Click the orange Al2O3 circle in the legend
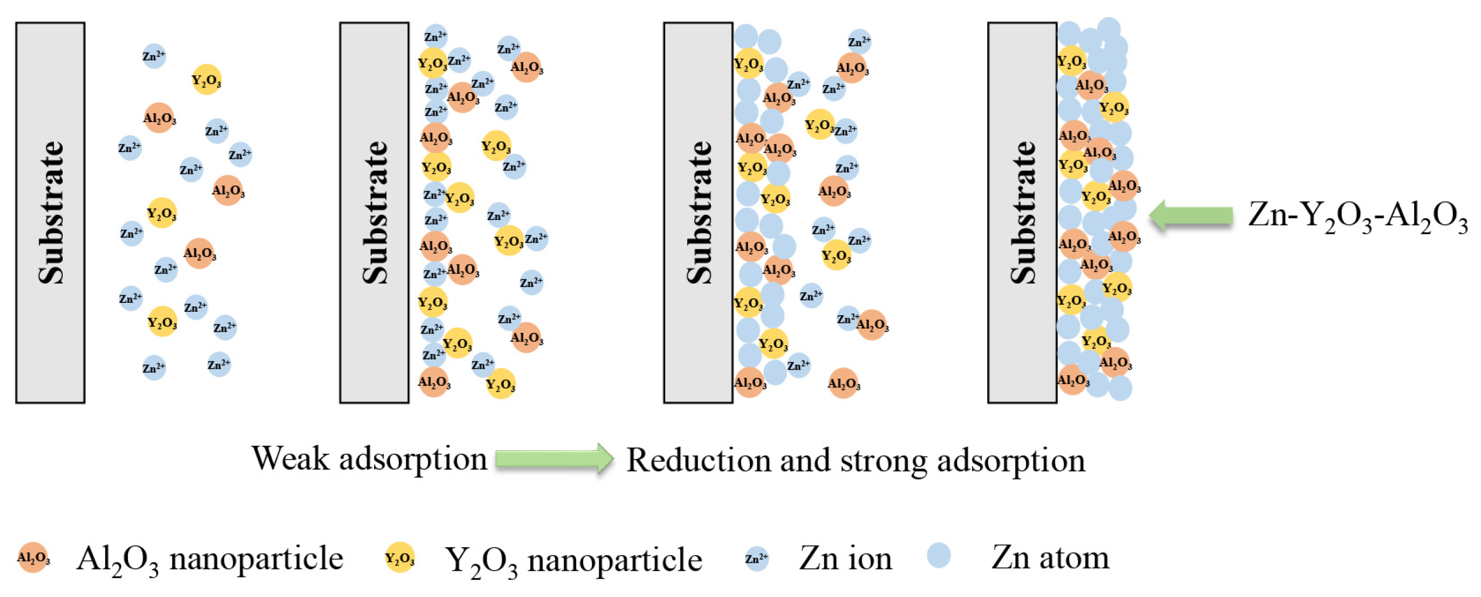point(33,557)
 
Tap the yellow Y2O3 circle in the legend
point(399,557)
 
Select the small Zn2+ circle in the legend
point(756,558)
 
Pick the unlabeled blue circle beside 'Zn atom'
point(938,555)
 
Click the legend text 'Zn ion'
point(846,558)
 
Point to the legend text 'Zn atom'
point(1050,557)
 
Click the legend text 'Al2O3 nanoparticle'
point(210,559)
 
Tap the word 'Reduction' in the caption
point(698,460)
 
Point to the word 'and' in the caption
point(804,460)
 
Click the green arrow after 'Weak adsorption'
point(554,458)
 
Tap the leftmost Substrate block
point(51,213)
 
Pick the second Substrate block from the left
point(374,213)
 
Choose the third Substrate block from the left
point(698,213)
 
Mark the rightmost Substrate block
point(1022,213)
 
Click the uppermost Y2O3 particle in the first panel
point(206,79)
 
